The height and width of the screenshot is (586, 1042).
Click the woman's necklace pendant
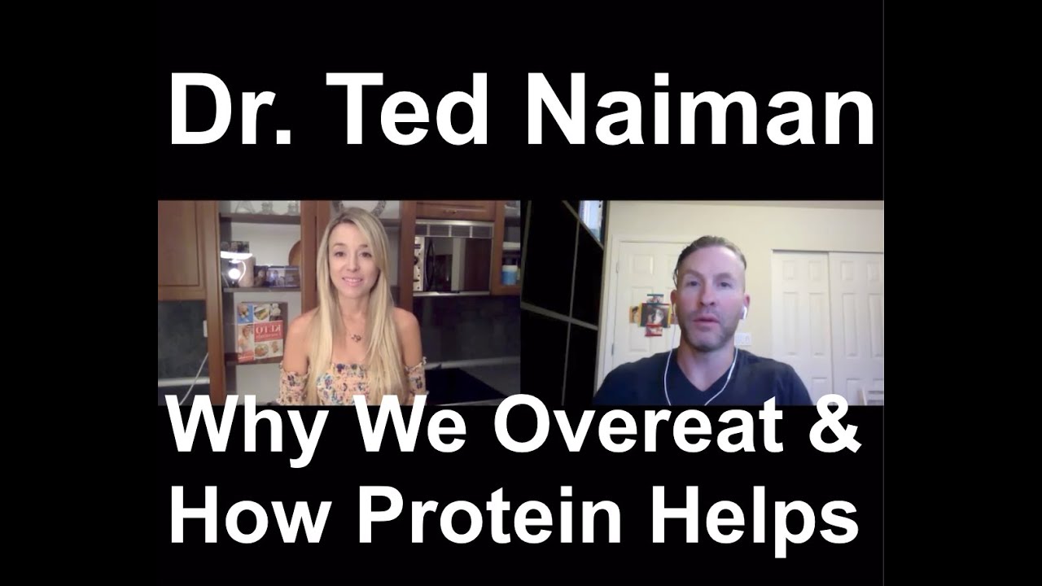click(x=356, y=336)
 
